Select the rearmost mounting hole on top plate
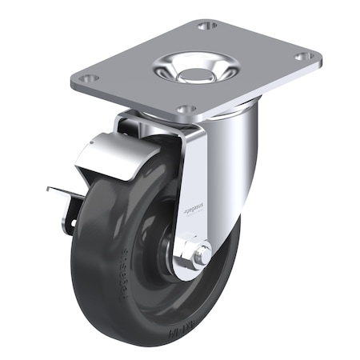pos(207,26)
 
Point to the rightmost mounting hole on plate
pos(303,57)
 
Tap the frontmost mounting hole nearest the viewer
pos(186,108)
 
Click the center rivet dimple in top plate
pos(194,74)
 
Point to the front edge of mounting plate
pos(136,101)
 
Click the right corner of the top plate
pos(320,59)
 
